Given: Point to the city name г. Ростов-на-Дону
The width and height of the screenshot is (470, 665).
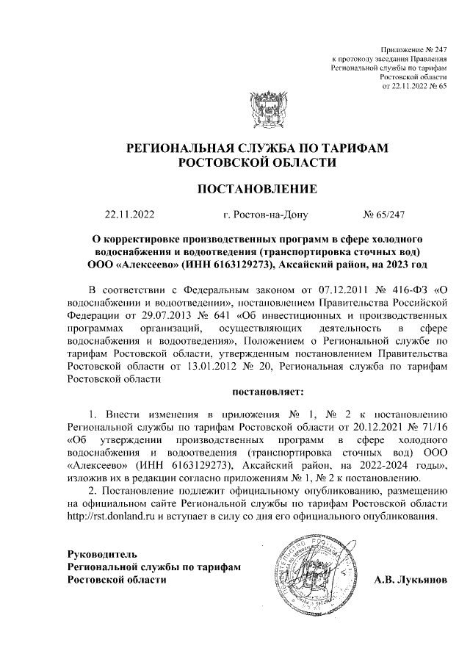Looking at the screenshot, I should point(265,215).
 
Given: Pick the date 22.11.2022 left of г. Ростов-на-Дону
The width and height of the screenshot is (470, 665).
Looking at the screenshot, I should point(130,215).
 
